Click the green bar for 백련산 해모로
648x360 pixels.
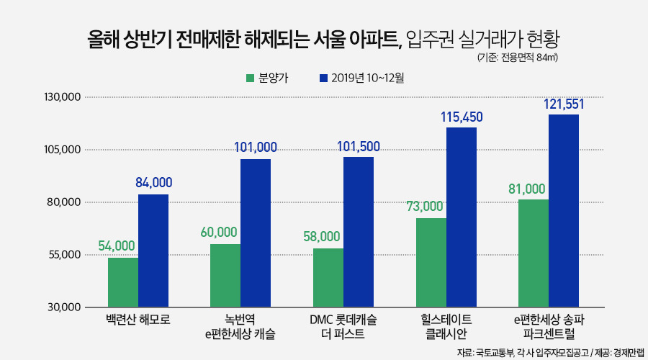pyautogui.click(x=123, y=282)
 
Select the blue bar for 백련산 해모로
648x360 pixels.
pyautogui.click(x=153, y=251)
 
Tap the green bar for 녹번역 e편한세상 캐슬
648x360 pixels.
pyautogui.click(x=225, y=275)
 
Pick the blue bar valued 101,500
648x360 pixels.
pyautogui.click(x=359, y=232)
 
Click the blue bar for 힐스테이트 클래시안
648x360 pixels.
pyautogui.click(x=461, y=217)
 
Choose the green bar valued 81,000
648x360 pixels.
pyautogui.click(x=534, y=253)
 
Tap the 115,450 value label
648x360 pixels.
pyautogui.click(x=462, y=117)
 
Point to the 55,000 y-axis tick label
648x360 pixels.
pyautogui.click(x=63, y=255)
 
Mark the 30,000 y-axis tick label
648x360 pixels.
pyautogui.click(x=63, y=307)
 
